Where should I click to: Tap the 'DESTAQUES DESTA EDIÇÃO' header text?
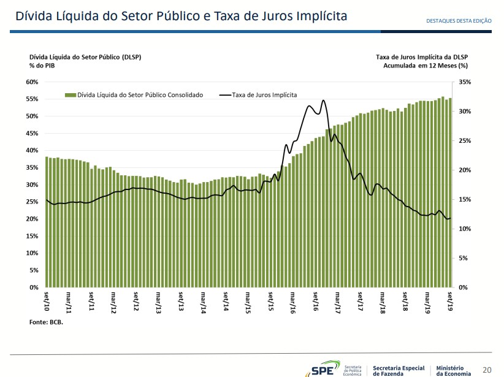pyautogui.click(x=459, y=20)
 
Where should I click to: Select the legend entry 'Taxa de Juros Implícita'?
pyautogui.click(x=264, y=95)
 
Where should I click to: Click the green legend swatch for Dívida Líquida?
pyautogui.click(x=71, y=95)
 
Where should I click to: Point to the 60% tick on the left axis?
pyautogui.click(x=32, y=82)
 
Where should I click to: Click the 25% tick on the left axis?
pyautogui.click(x=32, y=202)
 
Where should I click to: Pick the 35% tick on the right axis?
pyautogui.click(x=464, y=82)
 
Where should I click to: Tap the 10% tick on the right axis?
pyautogui.click(x=464, y=229)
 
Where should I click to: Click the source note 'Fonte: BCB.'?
pyautogui.click(x=46, y=321)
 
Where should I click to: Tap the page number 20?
pyautogui.click(x=487, y=370)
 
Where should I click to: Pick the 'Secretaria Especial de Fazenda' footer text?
pyautogui.click(x=399, y=370)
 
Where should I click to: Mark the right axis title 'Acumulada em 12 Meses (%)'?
pyautogui.click(x=426, y=64)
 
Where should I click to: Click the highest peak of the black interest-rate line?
pyautogui.click(x=323, y=100)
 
